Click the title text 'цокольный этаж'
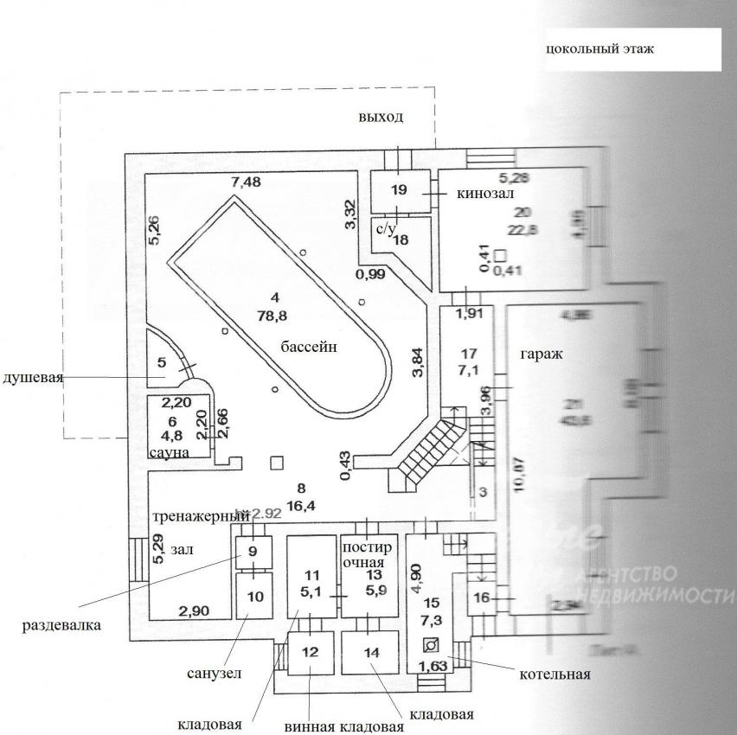(599, 48)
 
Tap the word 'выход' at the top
(381, 117)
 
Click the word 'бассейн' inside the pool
(308, 347)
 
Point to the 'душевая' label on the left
(32, 378)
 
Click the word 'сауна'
(170, 451)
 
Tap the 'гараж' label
(542, 355)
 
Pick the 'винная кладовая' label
(343, 725)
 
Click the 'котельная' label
(555, 674)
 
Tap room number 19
(398, 190)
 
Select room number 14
(370, 653)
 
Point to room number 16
(482, 598)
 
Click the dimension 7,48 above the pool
(245, 182)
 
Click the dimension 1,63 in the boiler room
(433, 666)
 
